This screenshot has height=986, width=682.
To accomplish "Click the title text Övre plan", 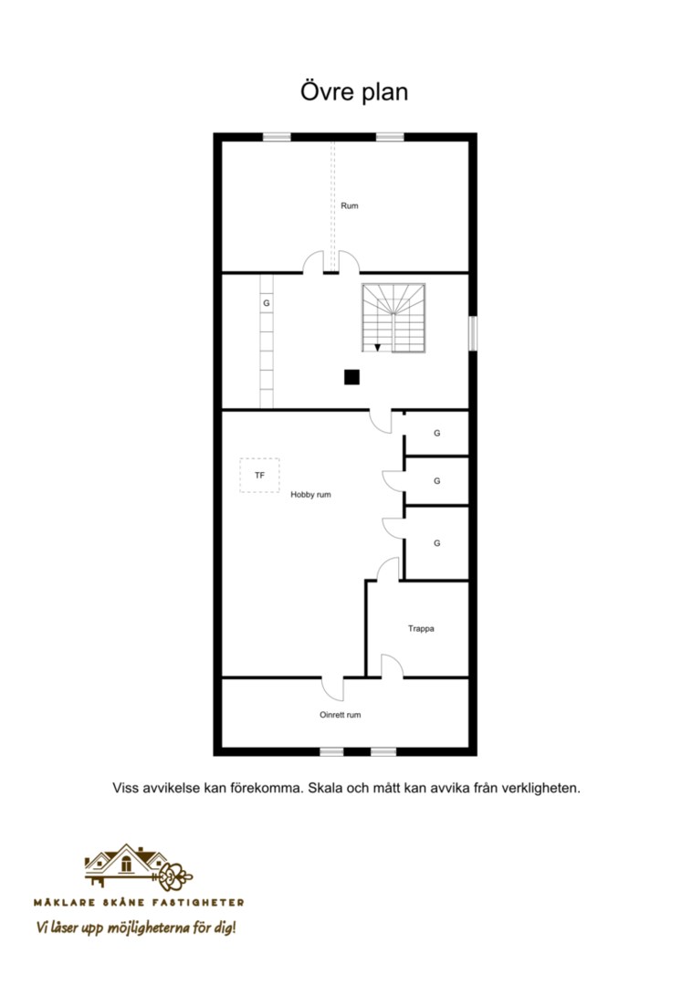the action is tap(354, 92).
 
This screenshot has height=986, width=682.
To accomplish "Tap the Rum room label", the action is tap(350, 205).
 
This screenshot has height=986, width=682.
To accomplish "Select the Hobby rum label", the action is tap(310, 495).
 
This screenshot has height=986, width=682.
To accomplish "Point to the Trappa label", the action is tap(421, 628).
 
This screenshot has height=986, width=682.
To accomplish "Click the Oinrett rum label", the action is tap(340, 715).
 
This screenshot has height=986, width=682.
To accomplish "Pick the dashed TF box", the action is tap(259, 476).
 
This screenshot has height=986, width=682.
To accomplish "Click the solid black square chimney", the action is tap(351, 377).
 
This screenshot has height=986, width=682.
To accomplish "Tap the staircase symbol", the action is tap(393, 319).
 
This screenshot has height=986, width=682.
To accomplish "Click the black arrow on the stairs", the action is tap(377, 348).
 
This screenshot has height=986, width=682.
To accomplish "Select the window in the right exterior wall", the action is tap(473, 333).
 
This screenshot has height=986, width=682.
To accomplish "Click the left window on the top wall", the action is tap(277, 137).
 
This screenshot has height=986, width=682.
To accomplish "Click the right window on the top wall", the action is tap(390, 137).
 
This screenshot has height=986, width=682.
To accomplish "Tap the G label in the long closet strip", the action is tap(267, 303).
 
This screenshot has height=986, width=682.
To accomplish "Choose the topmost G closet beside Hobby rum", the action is tap(436, 434).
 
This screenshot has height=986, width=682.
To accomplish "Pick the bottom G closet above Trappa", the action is tap(436, 542).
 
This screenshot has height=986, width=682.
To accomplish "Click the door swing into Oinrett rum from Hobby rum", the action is tap(333, 689).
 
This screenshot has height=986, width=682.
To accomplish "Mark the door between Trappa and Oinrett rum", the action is tap(392, 666).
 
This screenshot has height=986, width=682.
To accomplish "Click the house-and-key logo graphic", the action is tap(138, 868).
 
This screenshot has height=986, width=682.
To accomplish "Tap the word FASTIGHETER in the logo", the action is tap(203, 902).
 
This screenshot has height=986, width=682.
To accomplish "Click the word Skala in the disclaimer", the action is tap(323, 788).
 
